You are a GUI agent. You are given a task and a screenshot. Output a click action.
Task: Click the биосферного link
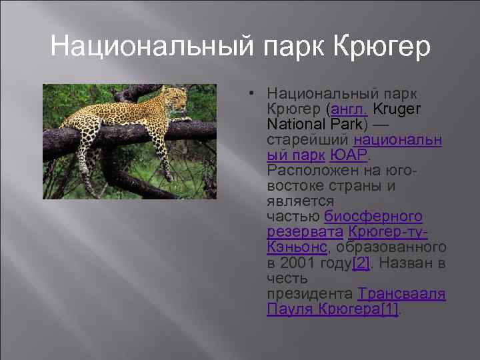click(x=373, y=217)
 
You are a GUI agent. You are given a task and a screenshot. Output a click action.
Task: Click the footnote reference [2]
click(x=361, y=263)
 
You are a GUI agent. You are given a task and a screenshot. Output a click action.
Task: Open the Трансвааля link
click(x=401, y=293)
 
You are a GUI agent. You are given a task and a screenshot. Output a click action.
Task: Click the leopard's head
click(x=177, y=99)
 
